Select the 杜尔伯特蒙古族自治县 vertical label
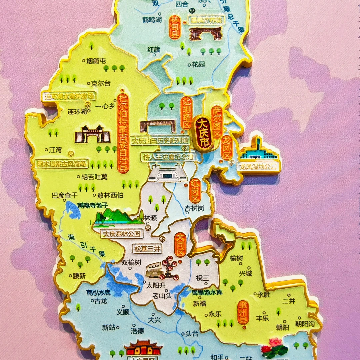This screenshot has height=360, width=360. pyautogui.click(x=123, y=133)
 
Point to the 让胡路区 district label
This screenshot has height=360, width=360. pyautogui.click(x=186, y=113)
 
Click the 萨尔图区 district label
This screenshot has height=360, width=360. pyautogui.click(x=217, y=122)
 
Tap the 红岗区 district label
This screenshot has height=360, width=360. pyautogui.click(x=195, y=191)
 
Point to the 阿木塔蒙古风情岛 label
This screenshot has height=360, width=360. pyautogui.click(x=61, y=164)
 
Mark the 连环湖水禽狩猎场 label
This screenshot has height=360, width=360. pyautogui.click(x=69, y=96)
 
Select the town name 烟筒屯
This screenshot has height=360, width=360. pyautogui.click(x=94, y=61)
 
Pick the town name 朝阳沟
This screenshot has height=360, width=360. pyautogui.click(x=305, y=323)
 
